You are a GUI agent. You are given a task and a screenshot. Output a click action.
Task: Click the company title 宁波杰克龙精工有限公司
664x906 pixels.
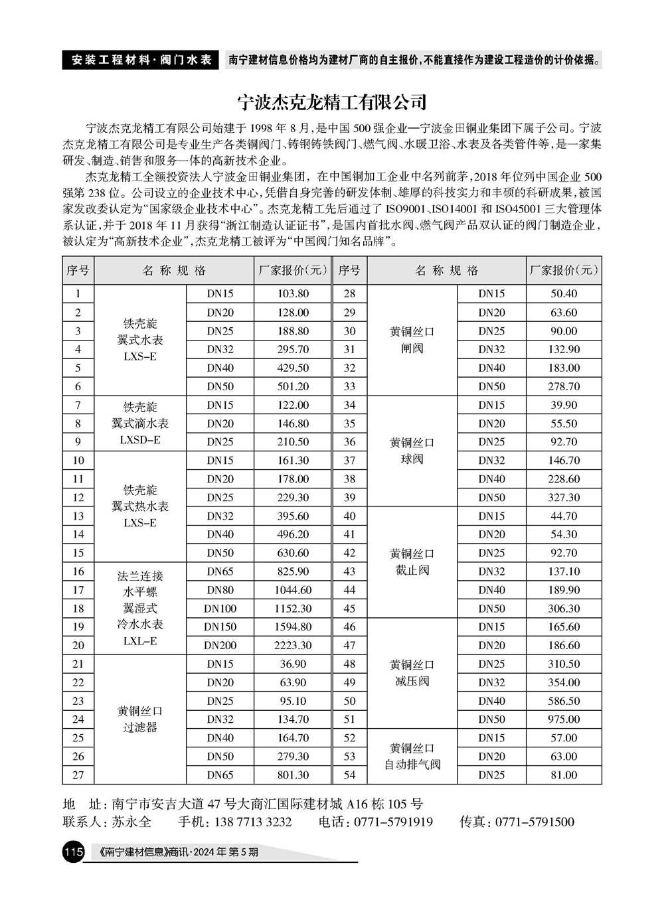click(332, 103)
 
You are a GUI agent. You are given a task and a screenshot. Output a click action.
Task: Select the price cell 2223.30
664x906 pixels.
click(293, 645)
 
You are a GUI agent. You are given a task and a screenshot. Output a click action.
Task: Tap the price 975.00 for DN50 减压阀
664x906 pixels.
click(564, 719)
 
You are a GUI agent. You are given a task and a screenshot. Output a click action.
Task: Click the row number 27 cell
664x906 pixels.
click(78, 775)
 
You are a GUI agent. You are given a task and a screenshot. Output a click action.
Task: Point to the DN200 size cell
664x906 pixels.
click(220, 645)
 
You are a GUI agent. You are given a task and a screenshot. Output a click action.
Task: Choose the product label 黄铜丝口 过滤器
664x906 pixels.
click(140, 719)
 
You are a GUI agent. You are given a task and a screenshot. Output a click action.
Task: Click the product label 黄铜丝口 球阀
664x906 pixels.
click(412, 451)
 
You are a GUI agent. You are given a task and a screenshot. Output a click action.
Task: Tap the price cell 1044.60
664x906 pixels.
click(293, 590)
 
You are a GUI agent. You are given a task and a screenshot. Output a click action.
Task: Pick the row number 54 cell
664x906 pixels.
click(350, 775)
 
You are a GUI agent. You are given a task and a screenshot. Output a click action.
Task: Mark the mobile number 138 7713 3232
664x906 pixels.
click(253, 822)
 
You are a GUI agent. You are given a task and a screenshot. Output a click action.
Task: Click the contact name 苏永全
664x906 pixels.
click(131, 822)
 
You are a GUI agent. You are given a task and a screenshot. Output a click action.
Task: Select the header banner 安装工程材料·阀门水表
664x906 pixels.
click(141, 60)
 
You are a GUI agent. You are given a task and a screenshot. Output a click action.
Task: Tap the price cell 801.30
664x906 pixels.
click(293, 775)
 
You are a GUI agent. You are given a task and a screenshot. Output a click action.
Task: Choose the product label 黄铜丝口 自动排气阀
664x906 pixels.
click(412, 757)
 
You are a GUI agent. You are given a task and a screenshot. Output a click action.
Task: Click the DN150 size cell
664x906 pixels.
click(220, 627)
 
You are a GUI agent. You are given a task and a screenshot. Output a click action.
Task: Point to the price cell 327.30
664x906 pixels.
click(564, 498)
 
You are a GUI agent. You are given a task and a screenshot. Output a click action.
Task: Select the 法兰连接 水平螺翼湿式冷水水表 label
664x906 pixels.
click(140, 609)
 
